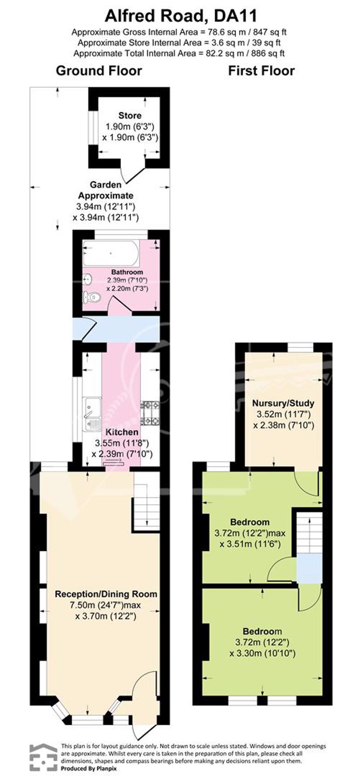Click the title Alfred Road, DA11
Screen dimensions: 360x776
tap(181, 16)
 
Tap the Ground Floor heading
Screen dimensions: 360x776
tap(99, 71)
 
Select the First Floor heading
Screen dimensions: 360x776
tap(261, 71)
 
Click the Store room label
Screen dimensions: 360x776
tap(130, 116)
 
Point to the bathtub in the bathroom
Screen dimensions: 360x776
tap(111, 254)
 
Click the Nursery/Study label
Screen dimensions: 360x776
tap(283, 403)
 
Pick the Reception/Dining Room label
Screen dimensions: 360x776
tap(106, 594)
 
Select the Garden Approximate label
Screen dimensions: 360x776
tap(105, 190)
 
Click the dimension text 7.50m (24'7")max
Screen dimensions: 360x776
tap(105, 605)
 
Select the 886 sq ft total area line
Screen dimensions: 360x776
tap(179, 54)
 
